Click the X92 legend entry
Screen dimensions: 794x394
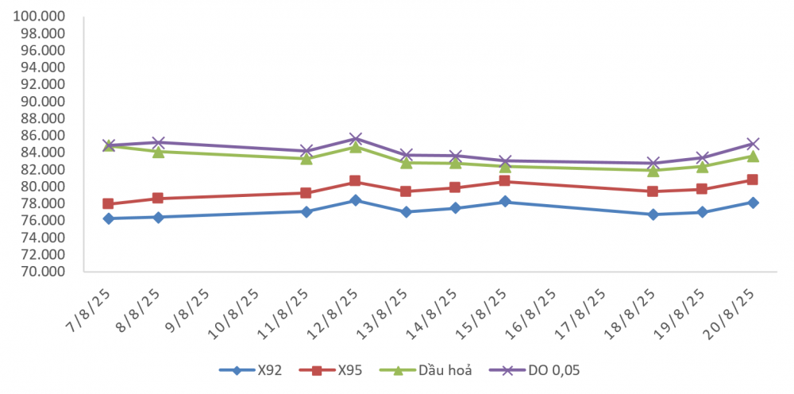[x=250, y=370]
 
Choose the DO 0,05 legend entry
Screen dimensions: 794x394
[x=534, y=370]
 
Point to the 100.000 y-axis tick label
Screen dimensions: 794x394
[x=40, y=16]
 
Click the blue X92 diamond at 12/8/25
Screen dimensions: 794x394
[x=355, y=200]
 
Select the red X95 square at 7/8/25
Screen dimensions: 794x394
[x=108, y=203]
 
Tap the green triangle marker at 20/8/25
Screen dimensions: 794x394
[x=753, y=156]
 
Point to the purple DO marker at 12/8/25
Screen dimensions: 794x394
[x=355, y=138]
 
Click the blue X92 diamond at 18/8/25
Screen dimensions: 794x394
[x=653, y=214]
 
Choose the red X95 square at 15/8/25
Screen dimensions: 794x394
[x=504, y=181]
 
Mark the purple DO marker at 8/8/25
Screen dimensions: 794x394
[x=158, y=142]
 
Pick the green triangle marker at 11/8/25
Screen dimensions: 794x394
[x=306, y=159]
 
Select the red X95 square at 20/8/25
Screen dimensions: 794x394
[x=753, y=180]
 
